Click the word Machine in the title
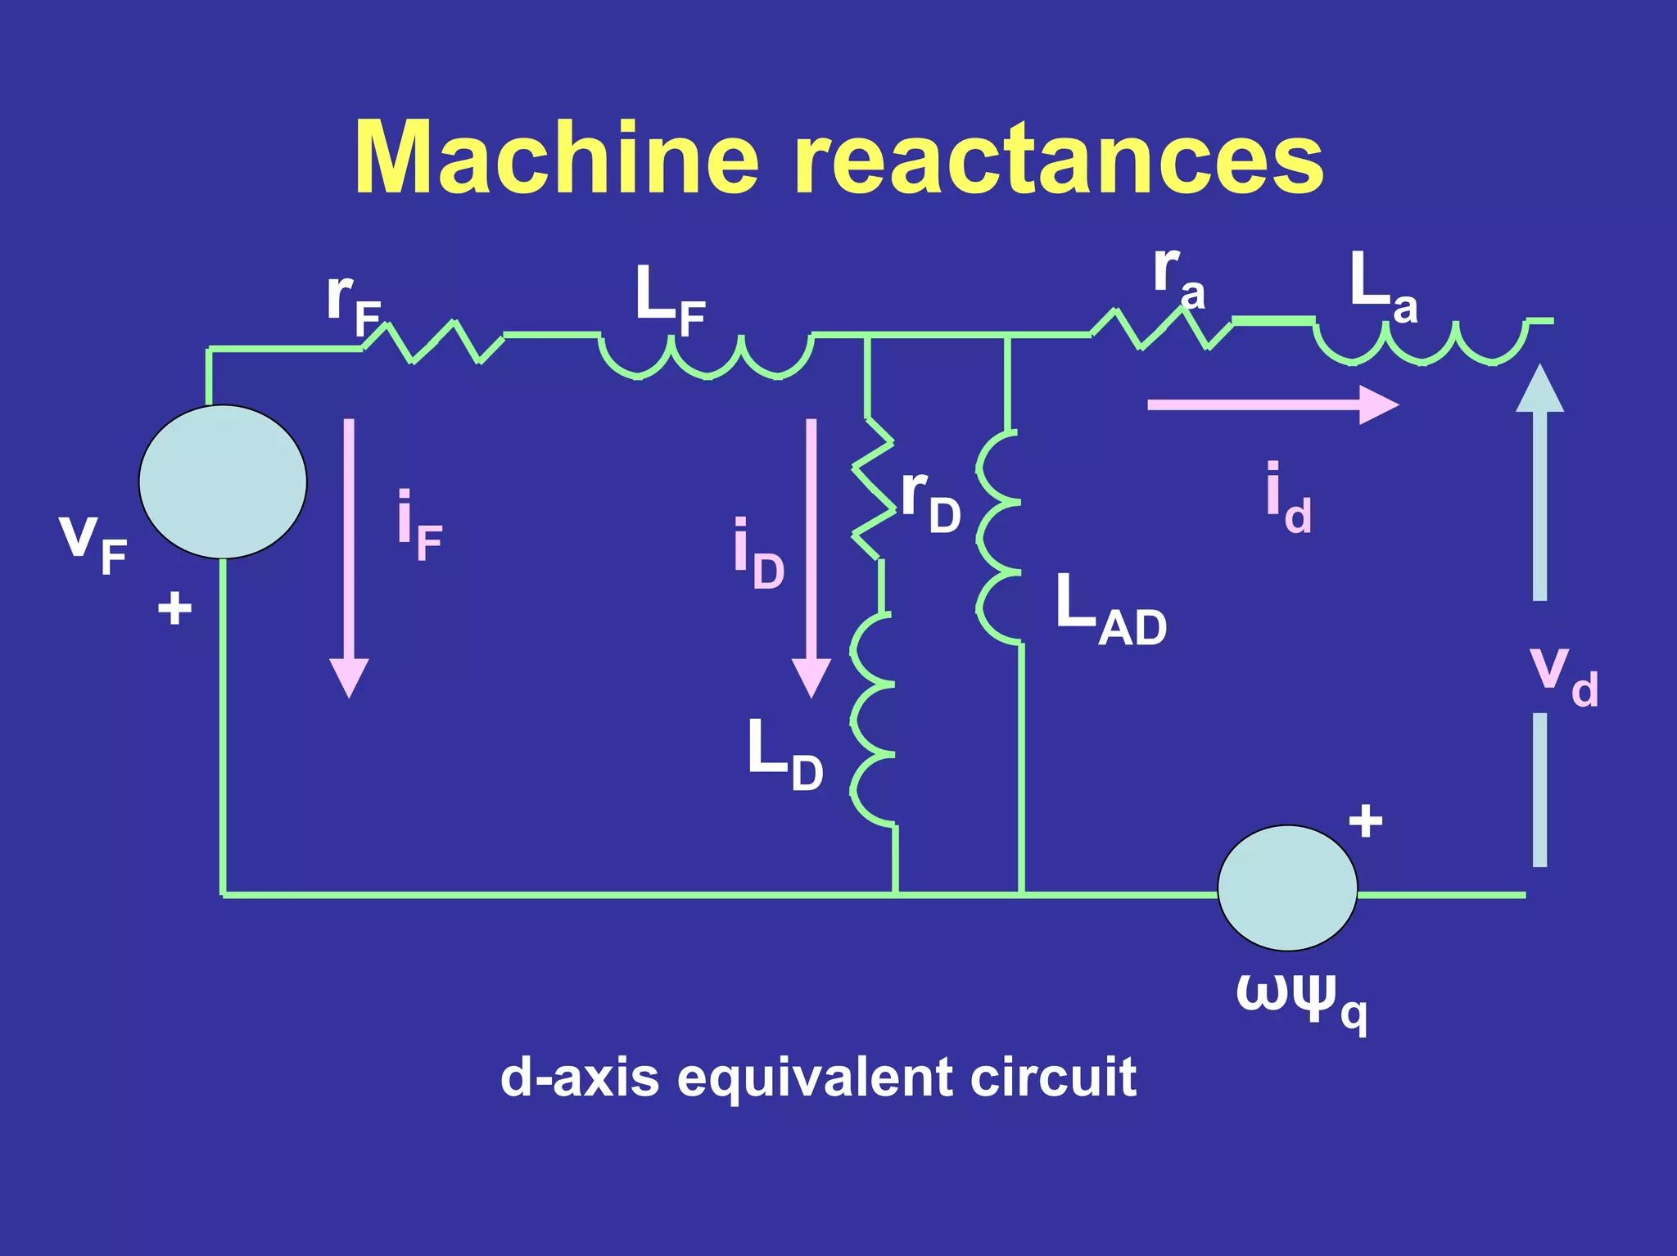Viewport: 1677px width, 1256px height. [557, 157]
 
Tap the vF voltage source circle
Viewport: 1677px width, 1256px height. [223, 481]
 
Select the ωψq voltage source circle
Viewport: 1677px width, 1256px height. [1287, 888]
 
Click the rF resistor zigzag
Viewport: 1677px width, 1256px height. [433, 341]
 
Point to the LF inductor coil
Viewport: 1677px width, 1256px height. [707, 357]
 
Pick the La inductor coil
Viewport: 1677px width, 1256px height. [1421, 342]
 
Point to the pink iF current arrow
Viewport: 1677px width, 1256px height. [350, 557]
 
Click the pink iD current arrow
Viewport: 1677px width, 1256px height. [811, 557]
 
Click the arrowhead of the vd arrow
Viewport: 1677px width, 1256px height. [1539, 388]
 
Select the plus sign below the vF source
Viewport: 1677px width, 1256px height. [174, 608]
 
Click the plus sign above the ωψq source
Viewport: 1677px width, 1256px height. [1365, 820]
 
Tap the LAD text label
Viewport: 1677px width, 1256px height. [1110, 611]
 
